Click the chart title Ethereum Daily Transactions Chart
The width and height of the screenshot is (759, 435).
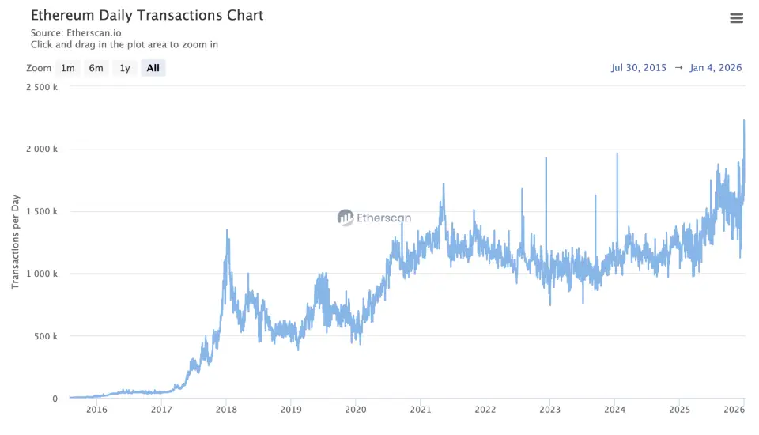(x=147, y=15)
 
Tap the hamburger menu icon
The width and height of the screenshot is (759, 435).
(x=736, y=18)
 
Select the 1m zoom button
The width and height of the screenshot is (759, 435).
(x=68, y=68)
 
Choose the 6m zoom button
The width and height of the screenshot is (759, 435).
(x=96, y=68)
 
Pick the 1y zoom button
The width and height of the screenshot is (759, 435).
(x=124, y=68)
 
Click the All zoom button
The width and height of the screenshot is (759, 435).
(x=153, y=68)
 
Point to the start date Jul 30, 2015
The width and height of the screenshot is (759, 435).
(x=640, y=68)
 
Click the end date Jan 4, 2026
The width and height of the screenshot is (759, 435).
(x=716, y=68)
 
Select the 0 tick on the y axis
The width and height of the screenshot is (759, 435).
(x=55, y=399)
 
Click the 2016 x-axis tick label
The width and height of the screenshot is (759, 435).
(x=96, y=410)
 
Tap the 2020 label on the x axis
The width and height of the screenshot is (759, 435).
(x=356, y=410)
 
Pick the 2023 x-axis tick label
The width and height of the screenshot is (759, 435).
(x=550, y=410)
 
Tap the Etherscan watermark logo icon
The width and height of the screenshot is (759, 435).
(x=346, y=217)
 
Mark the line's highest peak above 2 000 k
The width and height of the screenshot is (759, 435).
(x=744, y=120)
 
